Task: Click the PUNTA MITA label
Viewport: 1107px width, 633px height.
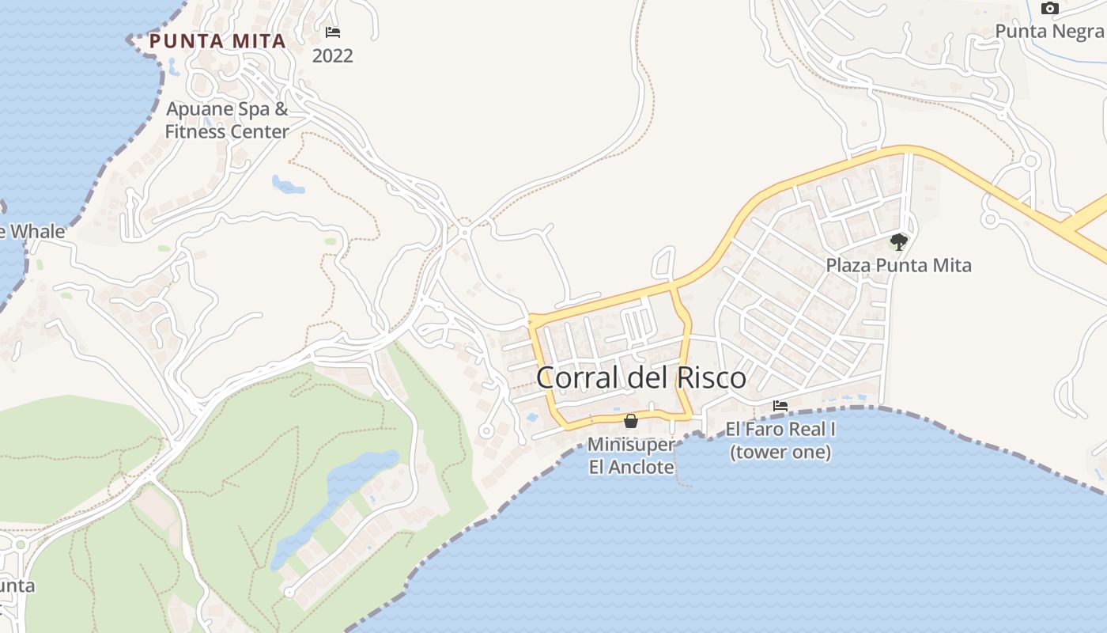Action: pos(217,41)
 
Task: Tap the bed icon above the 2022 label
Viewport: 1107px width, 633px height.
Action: pos(333,32)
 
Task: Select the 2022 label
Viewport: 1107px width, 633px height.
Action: pos(333,56)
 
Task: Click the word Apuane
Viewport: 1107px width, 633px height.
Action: pos(200,109)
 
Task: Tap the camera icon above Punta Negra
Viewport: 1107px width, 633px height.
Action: pos(1050,9)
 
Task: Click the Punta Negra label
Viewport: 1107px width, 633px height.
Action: pos(1050,31)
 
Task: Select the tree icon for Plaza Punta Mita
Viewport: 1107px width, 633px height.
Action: pos(898,241)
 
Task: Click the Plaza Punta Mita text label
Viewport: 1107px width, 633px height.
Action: pos(898,265)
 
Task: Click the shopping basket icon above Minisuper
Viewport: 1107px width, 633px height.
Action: pos(631,421)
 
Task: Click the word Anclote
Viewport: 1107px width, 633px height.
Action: pos(644,467)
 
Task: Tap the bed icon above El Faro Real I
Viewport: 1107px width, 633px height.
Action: pos(780,406)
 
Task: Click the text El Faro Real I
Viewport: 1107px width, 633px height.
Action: pos(780,430)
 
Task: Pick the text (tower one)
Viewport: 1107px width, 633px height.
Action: pos(780,453)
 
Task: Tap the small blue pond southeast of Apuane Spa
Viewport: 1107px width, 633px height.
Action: pos(288,185)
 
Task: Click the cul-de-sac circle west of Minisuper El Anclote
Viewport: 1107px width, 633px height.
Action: pos(486,431)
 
